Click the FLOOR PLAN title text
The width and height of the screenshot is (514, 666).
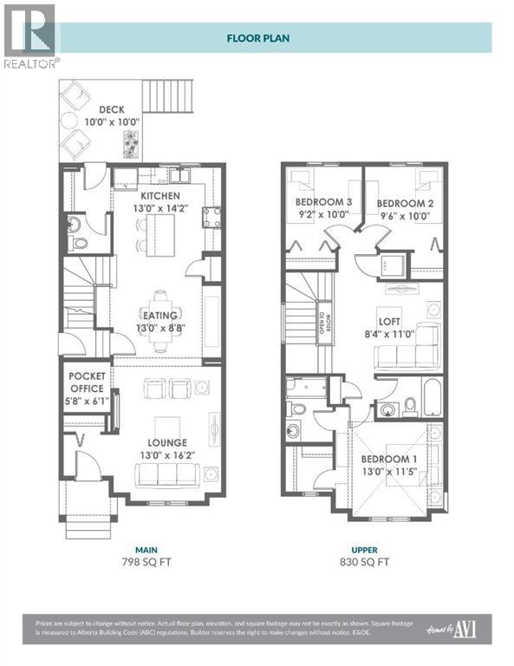(257, 38)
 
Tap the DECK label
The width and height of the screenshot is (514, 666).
(111, 110)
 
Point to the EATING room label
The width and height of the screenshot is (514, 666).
(161, 316)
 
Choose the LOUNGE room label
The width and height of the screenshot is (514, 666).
(166, 443)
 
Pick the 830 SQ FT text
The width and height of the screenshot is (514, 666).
(363, 562)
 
